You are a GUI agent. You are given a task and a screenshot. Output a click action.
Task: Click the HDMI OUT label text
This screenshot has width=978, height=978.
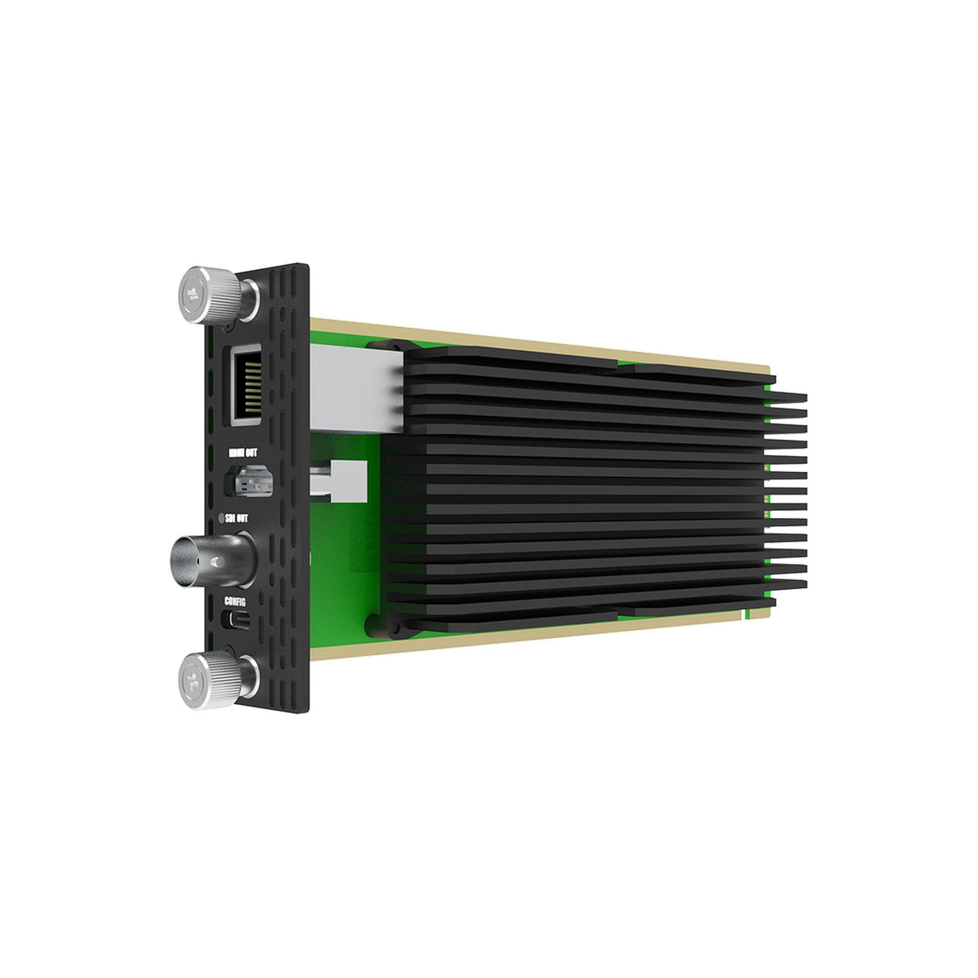[x=251, y=453]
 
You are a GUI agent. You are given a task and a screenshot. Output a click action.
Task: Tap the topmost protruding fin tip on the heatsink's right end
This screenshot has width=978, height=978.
[x=789, y=396]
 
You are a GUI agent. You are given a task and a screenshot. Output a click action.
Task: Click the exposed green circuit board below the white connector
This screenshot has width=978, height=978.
[x=338, y=564]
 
